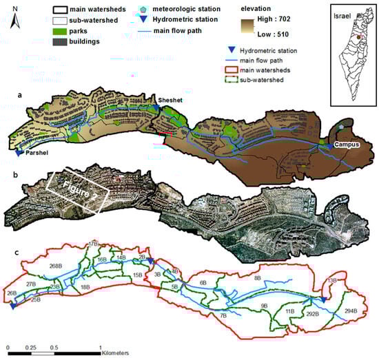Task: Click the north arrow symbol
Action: pyautogui.click(x=17, y=17)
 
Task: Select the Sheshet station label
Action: pyautogui.click(x=171, y=98)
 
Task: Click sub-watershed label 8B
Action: pyautogui.click(x=257, y=277)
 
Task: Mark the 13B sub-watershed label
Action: pyautogui.click(x=332, y=280)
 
